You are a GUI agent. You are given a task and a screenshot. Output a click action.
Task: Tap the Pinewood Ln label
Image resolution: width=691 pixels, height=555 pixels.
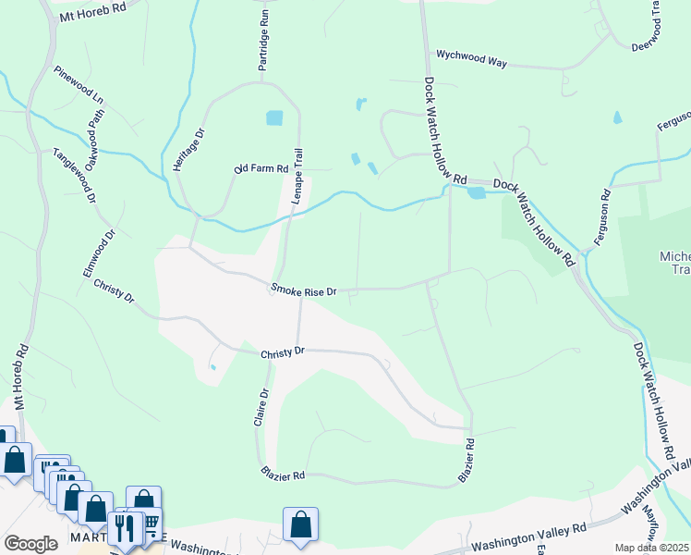pos(79,85)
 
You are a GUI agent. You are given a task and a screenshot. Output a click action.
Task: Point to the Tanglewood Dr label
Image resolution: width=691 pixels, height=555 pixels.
pos(75,176)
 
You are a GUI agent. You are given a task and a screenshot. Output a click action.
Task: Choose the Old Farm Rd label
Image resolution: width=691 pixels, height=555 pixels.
pos(261,169)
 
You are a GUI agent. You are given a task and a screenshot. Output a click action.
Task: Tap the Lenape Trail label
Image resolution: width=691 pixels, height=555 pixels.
pos(297,175)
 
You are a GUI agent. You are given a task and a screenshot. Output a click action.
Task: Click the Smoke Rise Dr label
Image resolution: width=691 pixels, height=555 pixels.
pos(304,290)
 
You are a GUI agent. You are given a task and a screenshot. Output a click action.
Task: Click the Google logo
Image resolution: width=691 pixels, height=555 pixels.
pos(30,544)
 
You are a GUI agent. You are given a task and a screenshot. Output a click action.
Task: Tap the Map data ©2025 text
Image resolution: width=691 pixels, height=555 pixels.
pos(652,548)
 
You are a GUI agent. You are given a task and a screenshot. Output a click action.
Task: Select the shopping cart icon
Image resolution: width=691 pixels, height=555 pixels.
pos(148,524)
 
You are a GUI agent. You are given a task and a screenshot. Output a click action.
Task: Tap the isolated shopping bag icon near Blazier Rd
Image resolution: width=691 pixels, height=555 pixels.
pos(300,524)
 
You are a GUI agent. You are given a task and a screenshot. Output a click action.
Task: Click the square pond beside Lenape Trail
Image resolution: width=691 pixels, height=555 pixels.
pos(274,117)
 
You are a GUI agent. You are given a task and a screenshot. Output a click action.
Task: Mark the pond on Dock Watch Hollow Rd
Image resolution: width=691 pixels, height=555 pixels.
pos(476,192)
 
